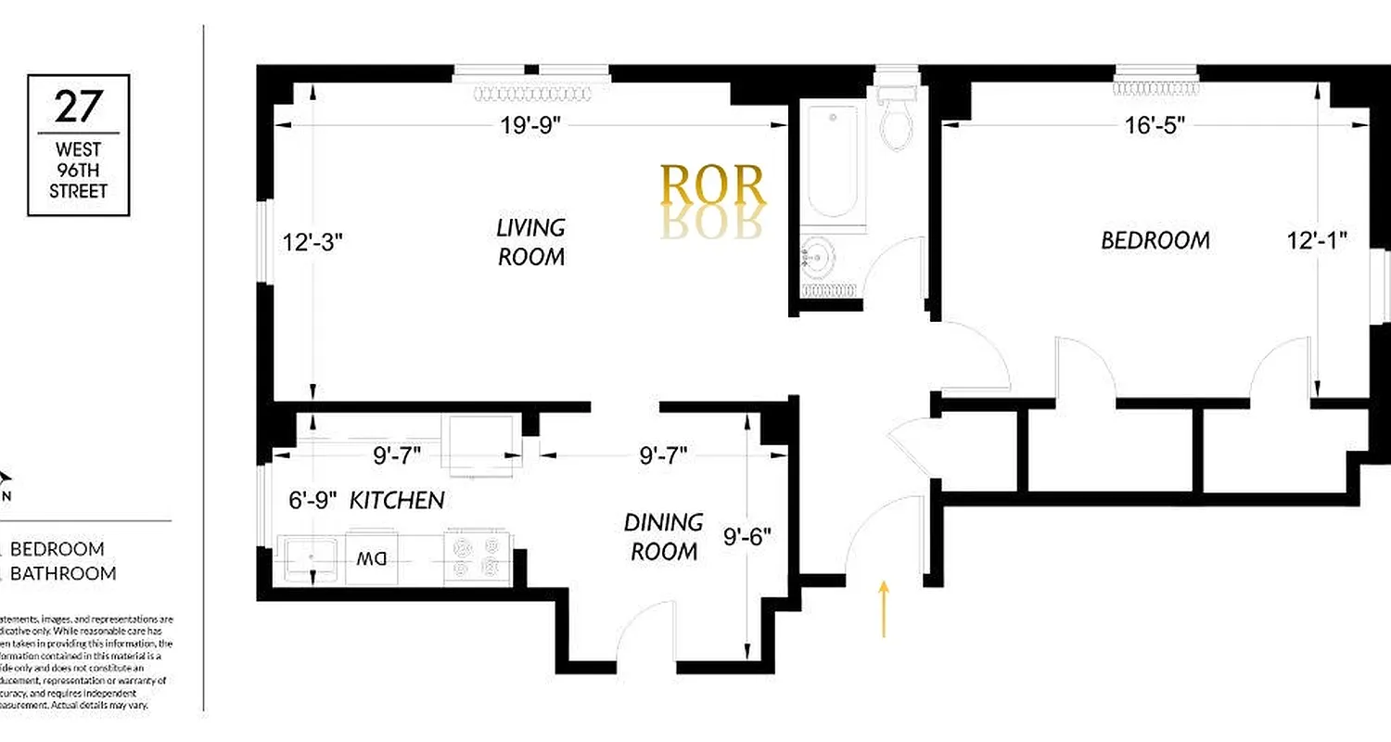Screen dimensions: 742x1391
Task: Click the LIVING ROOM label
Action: tap(531, 242)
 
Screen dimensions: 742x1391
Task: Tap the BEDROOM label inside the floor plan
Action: tap(1155, 240)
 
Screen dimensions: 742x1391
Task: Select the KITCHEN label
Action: tap(397, 501)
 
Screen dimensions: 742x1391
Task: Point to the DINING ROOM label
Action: tap(664, 537)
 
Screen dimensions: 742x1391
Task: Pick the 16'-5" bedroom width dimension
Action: tap(1155, 125)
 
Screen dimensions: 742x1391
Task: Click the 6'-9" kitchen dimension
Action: tap(310, 501)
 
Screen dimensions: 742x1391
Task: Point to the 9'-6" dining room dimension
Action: tap(747, 537)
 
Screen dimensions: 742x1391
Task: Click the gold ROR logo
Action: tap(712, 185)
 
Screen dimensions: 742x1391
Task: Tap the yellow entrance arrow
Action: tap(884, 608)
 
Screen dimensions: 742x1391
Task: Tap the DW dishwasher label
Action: tap(372, 559)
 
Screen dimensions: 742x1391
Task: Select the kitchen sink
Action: tap(309, 556)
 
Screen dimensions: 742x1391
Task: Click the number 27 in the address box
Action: tap(78, 108)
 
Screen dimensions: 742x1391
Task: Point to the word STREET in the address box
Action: tap(79, 191)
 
